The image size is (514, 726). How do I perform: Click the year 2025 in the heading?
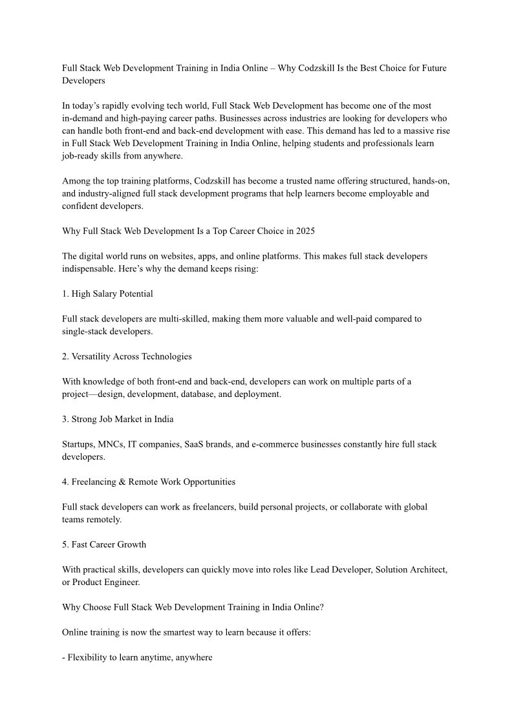(305, 231)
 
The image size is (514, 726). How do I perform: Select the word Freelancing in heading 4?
(93, 482)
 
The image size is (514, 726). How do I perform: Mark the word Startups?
(80, 444)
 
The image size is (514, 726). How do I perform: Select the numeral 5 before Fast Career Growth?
(65, 544)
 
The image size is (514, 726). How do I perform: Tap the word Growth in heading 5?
(132, 544)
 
